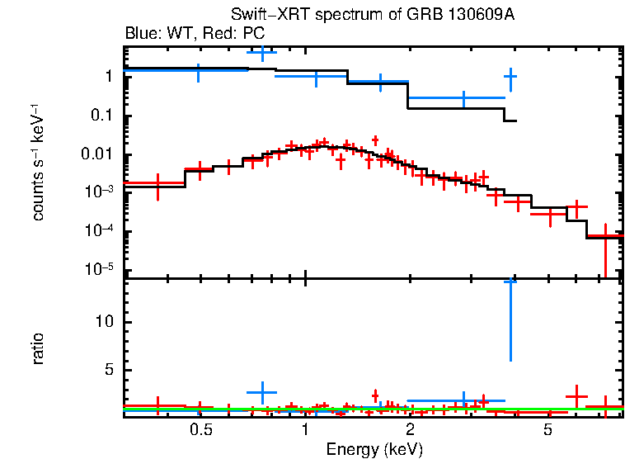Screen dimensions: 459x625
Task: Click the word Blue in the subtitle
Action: point(139,34)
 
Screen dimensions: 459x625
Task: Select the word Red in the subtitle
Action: point(214,34)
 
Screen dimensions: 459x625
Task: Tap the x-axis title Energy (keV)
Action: point(374,449)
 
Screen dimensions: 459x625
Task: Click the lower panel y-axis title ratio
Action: point(38,349)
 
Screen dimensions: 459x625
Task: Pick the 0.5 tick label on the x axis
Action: point(200,430)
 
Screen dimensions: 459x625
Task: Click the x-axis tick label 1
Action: point(306,430)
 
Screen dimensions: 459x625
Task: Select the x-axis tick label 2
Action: point(410,430)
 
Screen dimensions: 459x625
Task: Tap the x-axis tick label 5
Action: point(547,430)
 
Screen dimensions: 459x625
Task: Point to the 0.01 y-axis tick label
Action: point(97,154)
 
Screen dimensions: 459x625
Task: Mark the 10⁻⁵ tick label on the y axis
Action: point(98,269)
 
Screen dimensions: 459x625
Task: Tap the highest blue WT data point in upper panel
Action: point(262,53)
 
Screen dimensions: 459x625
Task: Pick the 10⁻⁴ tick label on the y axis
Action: point(98,231)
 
